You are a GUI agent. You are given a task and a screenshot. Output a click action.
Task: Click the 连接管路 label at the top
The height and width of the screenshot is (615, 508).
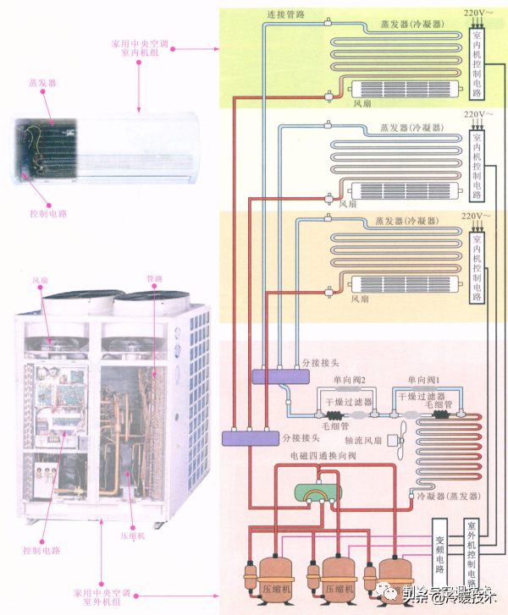point(286,14)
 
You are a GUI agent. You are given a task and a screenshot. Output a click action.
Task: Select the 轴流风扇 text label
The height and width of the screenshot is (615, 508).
point(361,440)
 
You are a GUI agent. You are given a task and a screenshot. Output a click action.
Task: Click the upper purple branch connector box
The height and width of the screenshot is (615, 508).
point(269,376)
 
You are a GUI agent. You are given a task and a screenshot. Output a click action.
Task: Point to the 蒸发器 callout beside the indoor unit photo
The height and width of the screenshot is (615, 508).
point(41,84)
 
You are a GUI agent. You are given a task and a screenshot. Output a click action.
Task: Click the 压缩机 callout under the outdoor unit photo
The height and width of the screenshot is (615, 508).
point(129,535)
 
